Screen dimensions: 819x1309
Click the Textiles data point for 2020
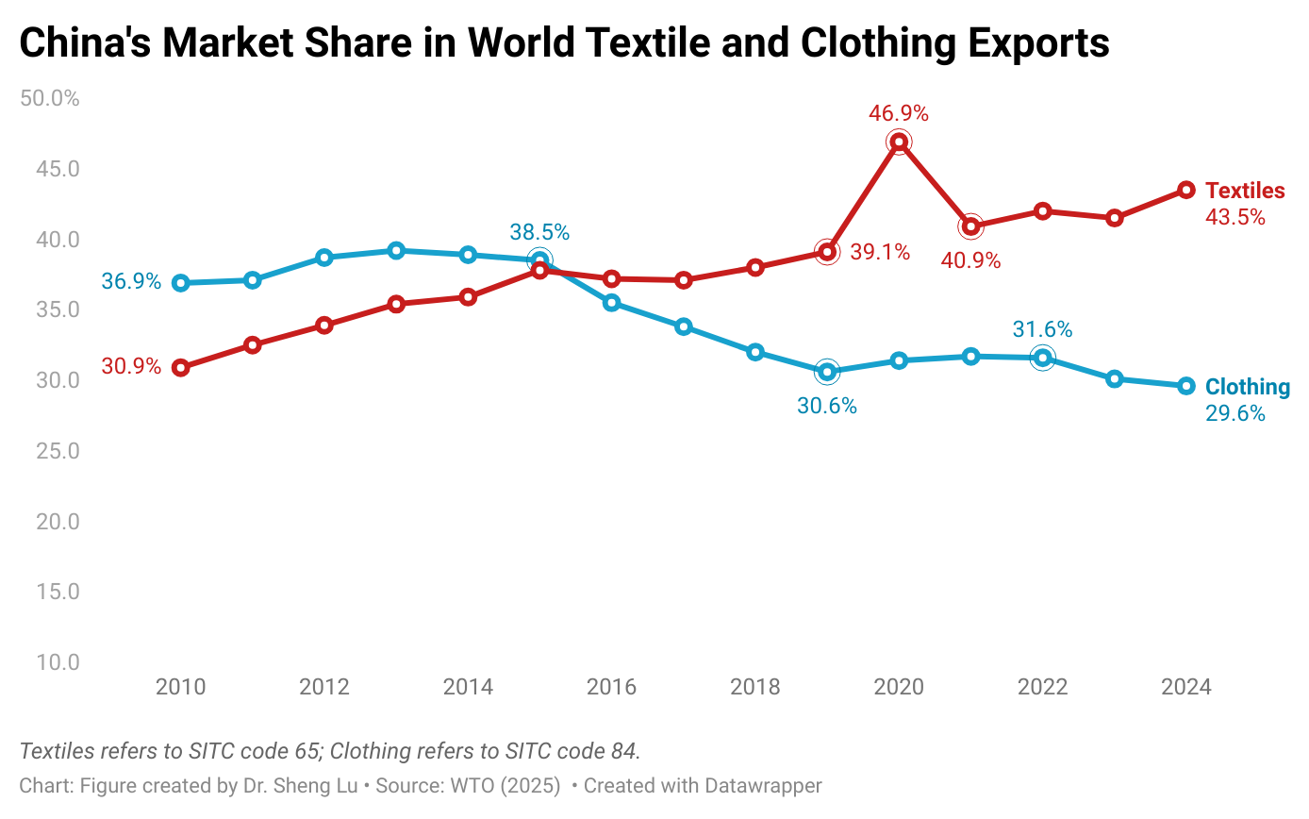pyautogui.click(x=899, y=142)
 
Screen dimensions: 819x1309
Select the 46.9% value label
pyautogui.click(x=899, y=114)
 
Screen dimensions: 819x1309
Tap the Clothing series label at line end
pyautogui.click(x=1247, y=387)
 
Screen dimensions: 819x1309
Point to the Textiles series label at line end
pyautogui.click(x=1245, y=191)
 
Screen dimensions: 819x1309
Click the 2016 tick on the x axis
pyautogui.click(x=611, y=687)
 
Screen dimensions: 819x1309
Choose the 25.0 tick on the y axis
pyautogui.click(x=58, y=451)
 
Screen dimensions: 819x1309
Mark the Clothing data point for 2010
pyautogui.click(x=180, y=283)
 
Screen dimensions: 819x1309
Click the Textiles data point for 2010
pyautogui.click(x=180, y=368)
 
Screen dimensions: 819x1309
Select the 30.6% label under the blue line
pyautogui.click(x=827, y=407)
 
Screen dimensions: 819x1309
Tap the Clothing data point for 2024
pyautogui.click(x=1186, y=386)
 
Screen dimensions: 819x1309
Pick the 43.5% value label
pyautogui.click(x=1235, y=218)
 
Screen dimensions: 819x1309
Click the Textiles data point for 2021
pyautogui.click(x=970, y=226)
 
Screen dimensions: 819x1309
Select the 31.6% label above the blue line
pyautogui.click(x=1042, y=330)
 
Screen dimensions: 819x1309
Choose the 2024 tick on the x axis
pyautogui.click(x=1186, y=687)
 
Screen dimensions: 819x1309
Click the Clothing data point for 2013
pyautogui.click(x=396, y=250)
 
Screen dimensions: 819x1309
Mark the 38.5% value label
pyautogui.click(x=539, y=233)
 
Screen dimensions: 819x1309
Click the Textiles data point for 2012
pyautogui.click(x=324, y=326)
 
